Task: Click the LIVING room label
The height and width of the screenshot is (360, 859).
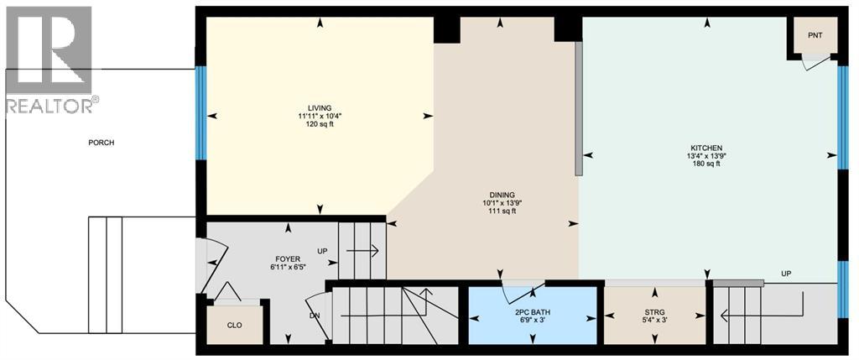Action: pyautogui.click(x=319, y=107)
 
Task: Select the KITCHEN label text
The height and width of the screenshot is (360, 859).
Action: pyautogui.click(x=706, y=148)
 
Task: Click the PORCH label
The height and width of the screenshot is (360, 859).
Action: pyautogui.click(x=101, y=143)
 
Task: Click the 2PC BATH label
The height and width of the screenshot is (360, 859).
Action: pyautogui.click(x=534, y=311)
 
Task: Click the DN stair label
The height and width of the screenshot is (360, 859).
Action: pyautogui.click(x=314, y=316)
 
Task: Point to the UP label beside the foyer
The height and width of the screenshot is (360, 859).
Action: pyautogui.click(x=322, y=250)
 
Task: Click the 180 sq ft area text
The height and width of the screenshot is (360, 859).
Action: pyautogui.click(x=706, y=164)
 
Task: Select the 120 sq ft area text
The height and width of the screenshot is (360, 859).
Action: pyautogui.click(x=319, y=124)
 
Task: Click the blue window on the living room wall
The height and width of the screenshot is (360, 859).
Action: pyautogui.click(x=200, y=112)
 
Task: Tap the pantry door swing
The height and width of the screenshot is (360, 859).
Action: pyautogui.click(x=813, y=62)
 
